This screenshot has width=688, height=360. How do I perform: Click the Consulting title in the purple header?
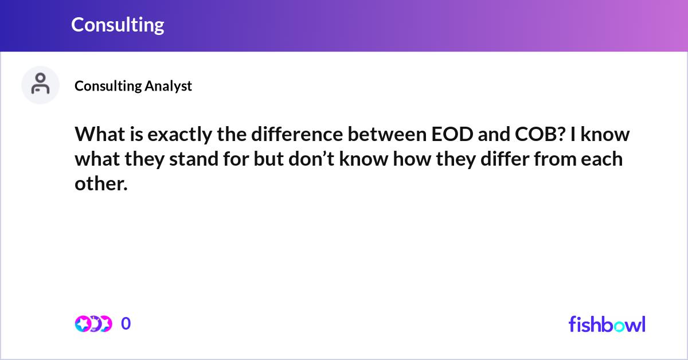point(118,25)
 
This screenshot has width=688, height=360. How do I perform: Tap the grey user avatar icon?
point(40,85)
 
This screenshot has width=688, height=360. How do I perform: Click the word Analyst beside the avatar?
point(169,87)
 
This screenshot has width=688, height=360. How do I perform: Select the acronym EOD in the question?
point(452,134)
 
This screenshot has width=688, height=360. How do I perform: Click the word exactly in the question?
point(179,135)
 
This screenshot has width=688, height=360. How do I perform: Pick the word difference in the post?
point(297,134)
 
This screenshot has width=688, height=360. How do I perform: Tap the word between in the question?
point(387,134)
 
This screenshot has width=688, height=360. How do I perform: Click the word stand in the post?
point(194,159)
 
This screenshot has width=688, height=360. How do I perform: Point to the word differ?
point(505,159)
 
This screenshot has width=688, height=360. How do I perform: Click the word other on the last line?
point(101,183)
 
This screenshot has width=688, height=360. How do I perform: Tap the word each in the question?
point(601,159)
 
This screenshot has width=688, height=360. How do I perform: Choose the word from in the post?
point(556,159)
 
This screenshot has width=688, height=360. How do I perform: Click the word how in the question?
point(412,159)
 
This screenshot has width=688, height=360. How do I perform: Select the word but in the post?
point(268,159)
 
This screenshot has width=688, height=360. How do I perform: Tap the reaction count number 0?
point(126,323)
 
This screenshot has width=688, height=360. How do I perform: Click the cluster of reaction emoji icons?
point(93,324)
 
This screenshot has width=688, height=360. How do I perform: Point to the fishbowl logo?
point(607,324)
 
